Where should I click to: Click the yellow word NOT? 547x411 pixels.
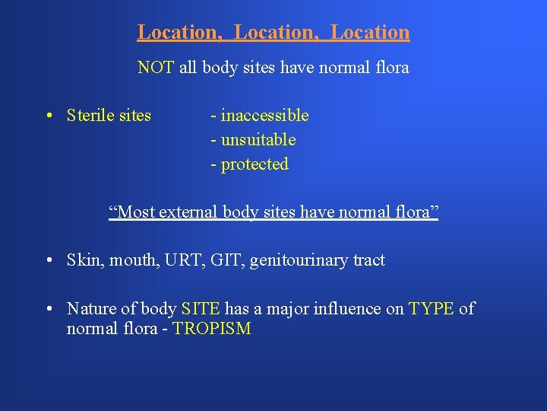click(156, 68)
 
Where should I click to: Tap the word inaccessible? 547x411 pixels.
click(264, 116)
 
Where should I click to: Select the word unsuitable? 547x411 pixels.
click(258, 140)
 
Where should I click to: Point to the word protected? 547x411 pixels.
click(255, 164)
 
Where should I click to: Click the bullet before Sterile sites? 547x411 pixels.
click(48, 116)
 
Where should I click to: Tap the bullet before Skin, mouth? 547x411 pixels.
click(48, 261)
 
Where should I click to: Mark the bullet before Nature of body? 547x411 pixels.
click(48, 310)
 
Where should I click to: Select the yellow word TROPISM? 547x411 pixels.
click(212, 330)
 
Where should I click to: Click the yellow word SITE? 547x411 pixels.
click(201, 309)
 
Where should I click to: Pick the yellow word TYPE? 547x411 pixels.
click(432, 309)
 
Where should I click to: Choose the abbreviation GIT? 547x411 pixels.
click(227, 260)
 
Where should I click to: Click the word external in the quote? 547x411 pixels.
click(188, 212)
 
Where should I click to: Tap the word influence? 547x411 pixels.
click(365, 309)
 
